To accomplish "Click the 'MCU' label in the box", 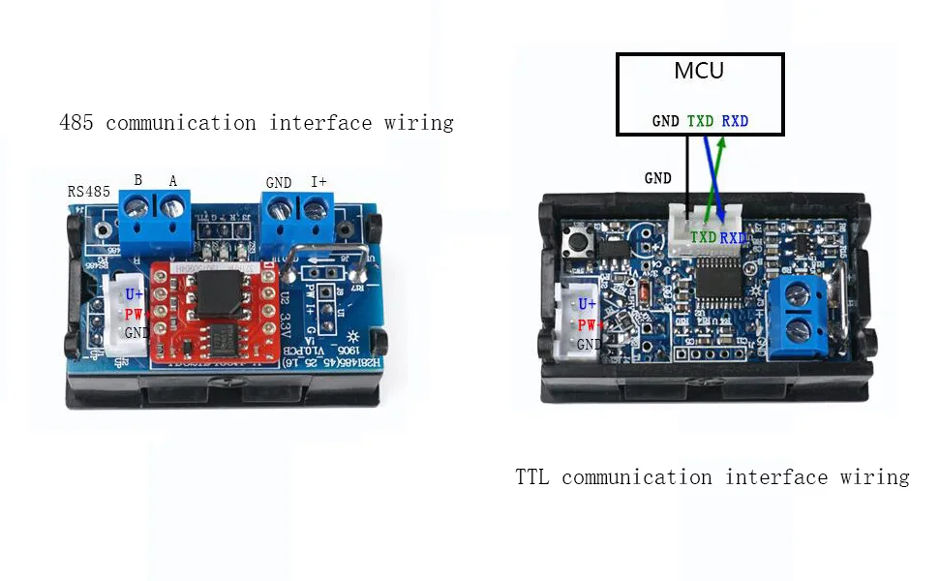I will pyautogui.click(x=698, y=72).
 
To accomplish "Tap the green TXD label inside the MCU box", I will pyautogui.click(x=701, y=122).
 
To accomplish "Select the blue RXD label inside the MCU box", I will pyautogui.click(x=735, y=122).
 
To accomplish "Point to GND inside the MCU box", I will pyautogui.click(x=666, y=122).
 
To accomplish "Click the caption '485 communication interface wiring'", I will pyautogui.click(x=257, y=123).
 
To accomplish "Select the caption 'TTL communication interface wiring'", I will pyautogui.click(x=712, y=477).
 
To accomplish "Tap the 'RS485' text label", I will pyautogui.click(x=89, y=191).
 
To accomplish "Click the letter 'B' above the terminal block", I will pyautogui.click(x=137, y=180).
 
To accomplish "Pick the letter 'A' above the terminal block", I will pyautogui.click(x=173, y=180).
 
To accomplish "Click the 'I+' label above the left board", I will pyautogui.click(x=318, y=181).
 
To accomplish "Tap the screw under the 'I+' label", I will pyautogui.click(x=315, y=207).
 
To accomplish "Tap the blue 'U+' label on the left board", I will pyautogui.click(x=134, y=293).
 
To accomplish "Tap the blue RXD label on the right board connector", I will pyautogui.click(x=733, y=237).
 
